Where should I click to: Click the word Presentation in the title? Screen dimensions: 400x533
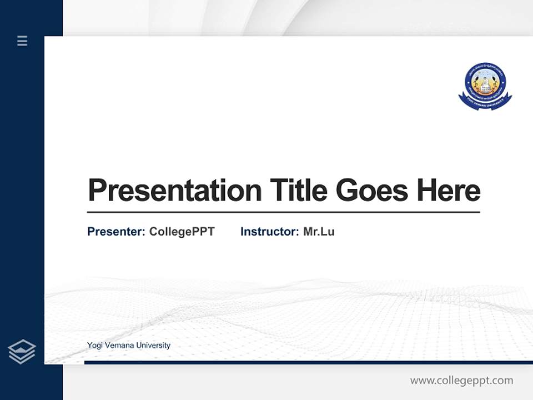[174, 191]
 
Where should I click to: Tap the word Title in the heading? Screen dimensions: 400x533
[298, 191]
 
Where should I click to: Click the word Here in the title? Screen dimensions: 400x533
[449, 191]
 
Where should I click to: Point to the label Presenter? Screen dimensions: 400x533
[116, 232]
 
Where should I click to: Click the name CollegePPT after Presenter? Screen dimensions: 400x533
[182, 232]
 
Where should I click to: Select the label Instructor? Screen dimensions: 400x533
[269, 232]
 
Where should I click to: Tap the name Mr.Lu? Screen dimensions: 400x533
[319, 232]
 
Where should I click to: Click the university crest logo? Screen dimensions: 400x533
[485, 86]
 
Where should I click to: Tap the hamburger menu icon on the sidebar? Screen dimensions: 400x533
[22, 41]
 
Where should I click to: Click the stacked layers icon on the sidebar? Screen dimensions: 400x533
[22, 352]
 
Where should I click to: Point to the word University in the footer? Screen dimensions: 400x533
[153, 346]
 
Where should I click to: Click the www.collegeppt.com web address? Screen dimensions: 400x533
[461, 381]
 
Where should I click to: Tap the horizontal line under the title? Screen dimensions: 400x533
[283, 212]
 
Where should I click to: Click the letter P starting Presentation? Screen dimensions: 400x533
[96, 191]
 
